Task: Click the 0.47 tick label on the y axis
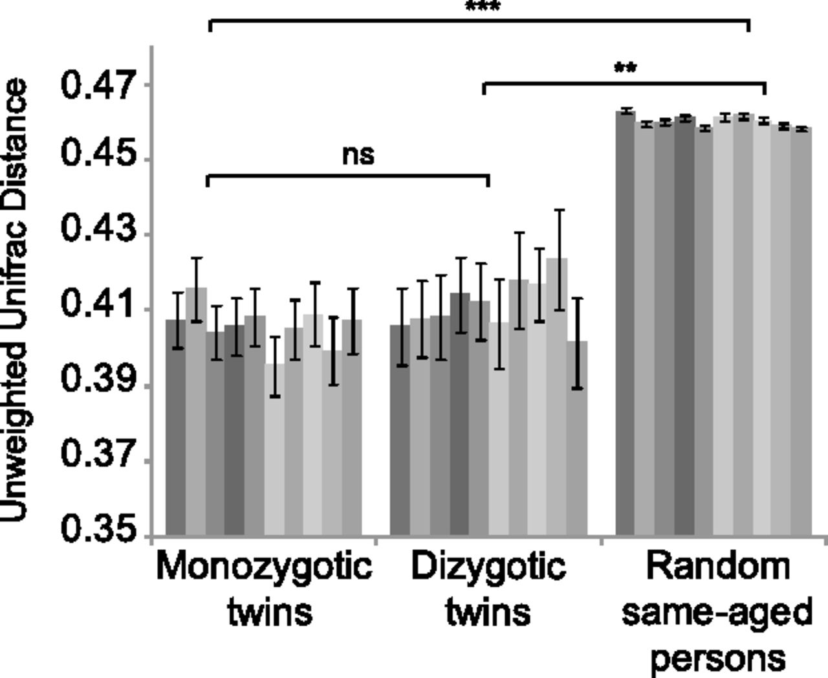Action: (99, 85)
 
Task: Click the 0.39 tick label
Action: (99, 380)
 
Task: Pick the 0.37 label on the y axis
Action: (99, 454)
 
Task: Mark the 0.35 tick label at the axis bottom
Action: (99, 529)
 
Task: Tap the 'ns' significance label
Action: (358, 155)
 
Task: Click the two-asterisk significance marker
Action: (625, 68)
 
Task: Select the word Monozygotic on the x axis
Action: (264, 567)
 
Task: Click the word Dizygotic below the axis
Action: (488, 567)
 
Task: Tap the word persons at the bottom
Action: (717, 659)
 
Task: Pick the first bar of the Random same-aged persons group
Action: (625, 324)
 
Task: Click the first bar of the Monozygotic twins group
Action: (176, 427)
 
